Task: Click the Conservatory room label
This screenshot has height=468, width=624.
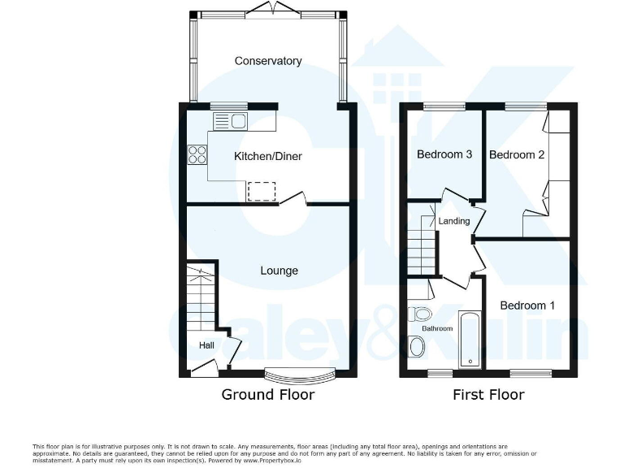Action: tap(268, 61)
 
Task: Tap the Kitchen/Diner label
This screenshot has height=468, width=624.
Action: tap(268, 156)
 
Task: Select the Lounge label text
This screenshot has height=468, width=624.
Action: tap(279, 271)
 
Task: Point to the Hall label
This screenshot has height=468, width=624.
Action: tap(207, 345)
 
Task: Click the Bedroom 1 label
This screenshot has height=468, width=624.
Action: tap(527, 305)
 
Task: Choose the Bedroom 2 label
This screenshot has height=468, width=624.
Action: tap(517, 154)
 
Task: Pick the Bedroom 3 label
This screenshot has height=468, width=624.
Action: tap(444, 154)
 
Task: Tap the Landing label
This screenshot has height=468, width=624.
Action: tap(453, 221)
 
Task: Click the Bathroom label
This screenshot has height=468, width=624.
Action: tap(436, 328)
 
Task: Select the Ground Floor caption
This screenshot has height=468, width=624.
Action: tap(268, 395)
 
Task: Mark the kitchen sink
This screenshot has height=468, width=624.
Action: tap(231, 122)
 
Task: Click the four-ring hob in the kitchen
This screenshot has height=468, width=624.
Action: tap(197, 154)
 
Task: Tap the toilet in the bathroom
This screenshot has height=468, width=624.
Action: tap(421, 314)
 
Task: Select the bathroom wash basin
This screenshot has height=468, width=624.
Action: tap(418, 348)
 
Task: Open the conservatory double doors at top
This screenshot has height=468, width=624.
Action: tap(268, 10)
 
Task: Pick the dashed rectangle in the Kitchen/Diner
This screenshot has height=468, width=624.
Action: tap(262, 191)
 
